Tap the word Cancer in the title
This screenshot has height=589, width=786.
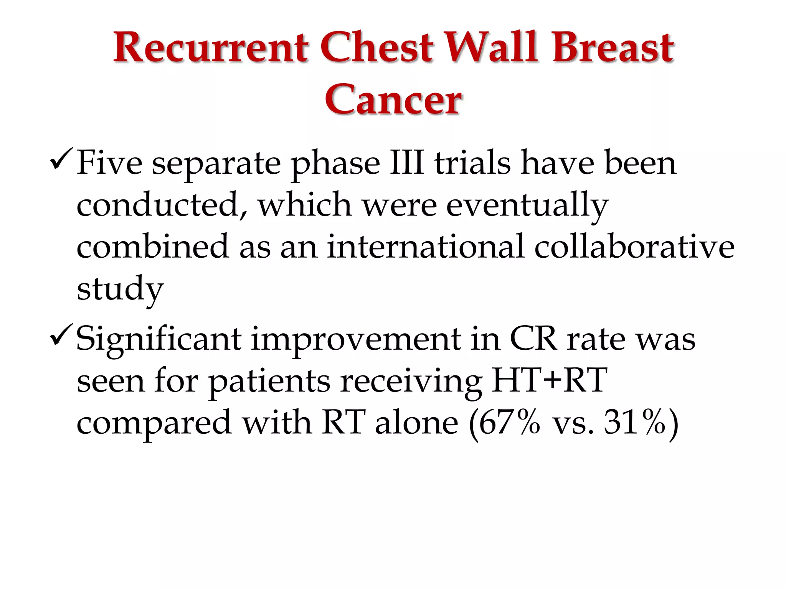coord(393,100)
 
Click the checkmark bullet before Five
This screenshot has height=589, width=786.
coord(60,160)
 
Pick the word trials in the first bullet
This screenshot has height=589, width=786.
coord(472,163)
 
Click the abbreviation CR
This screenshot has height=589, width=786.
coord(533,339)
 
